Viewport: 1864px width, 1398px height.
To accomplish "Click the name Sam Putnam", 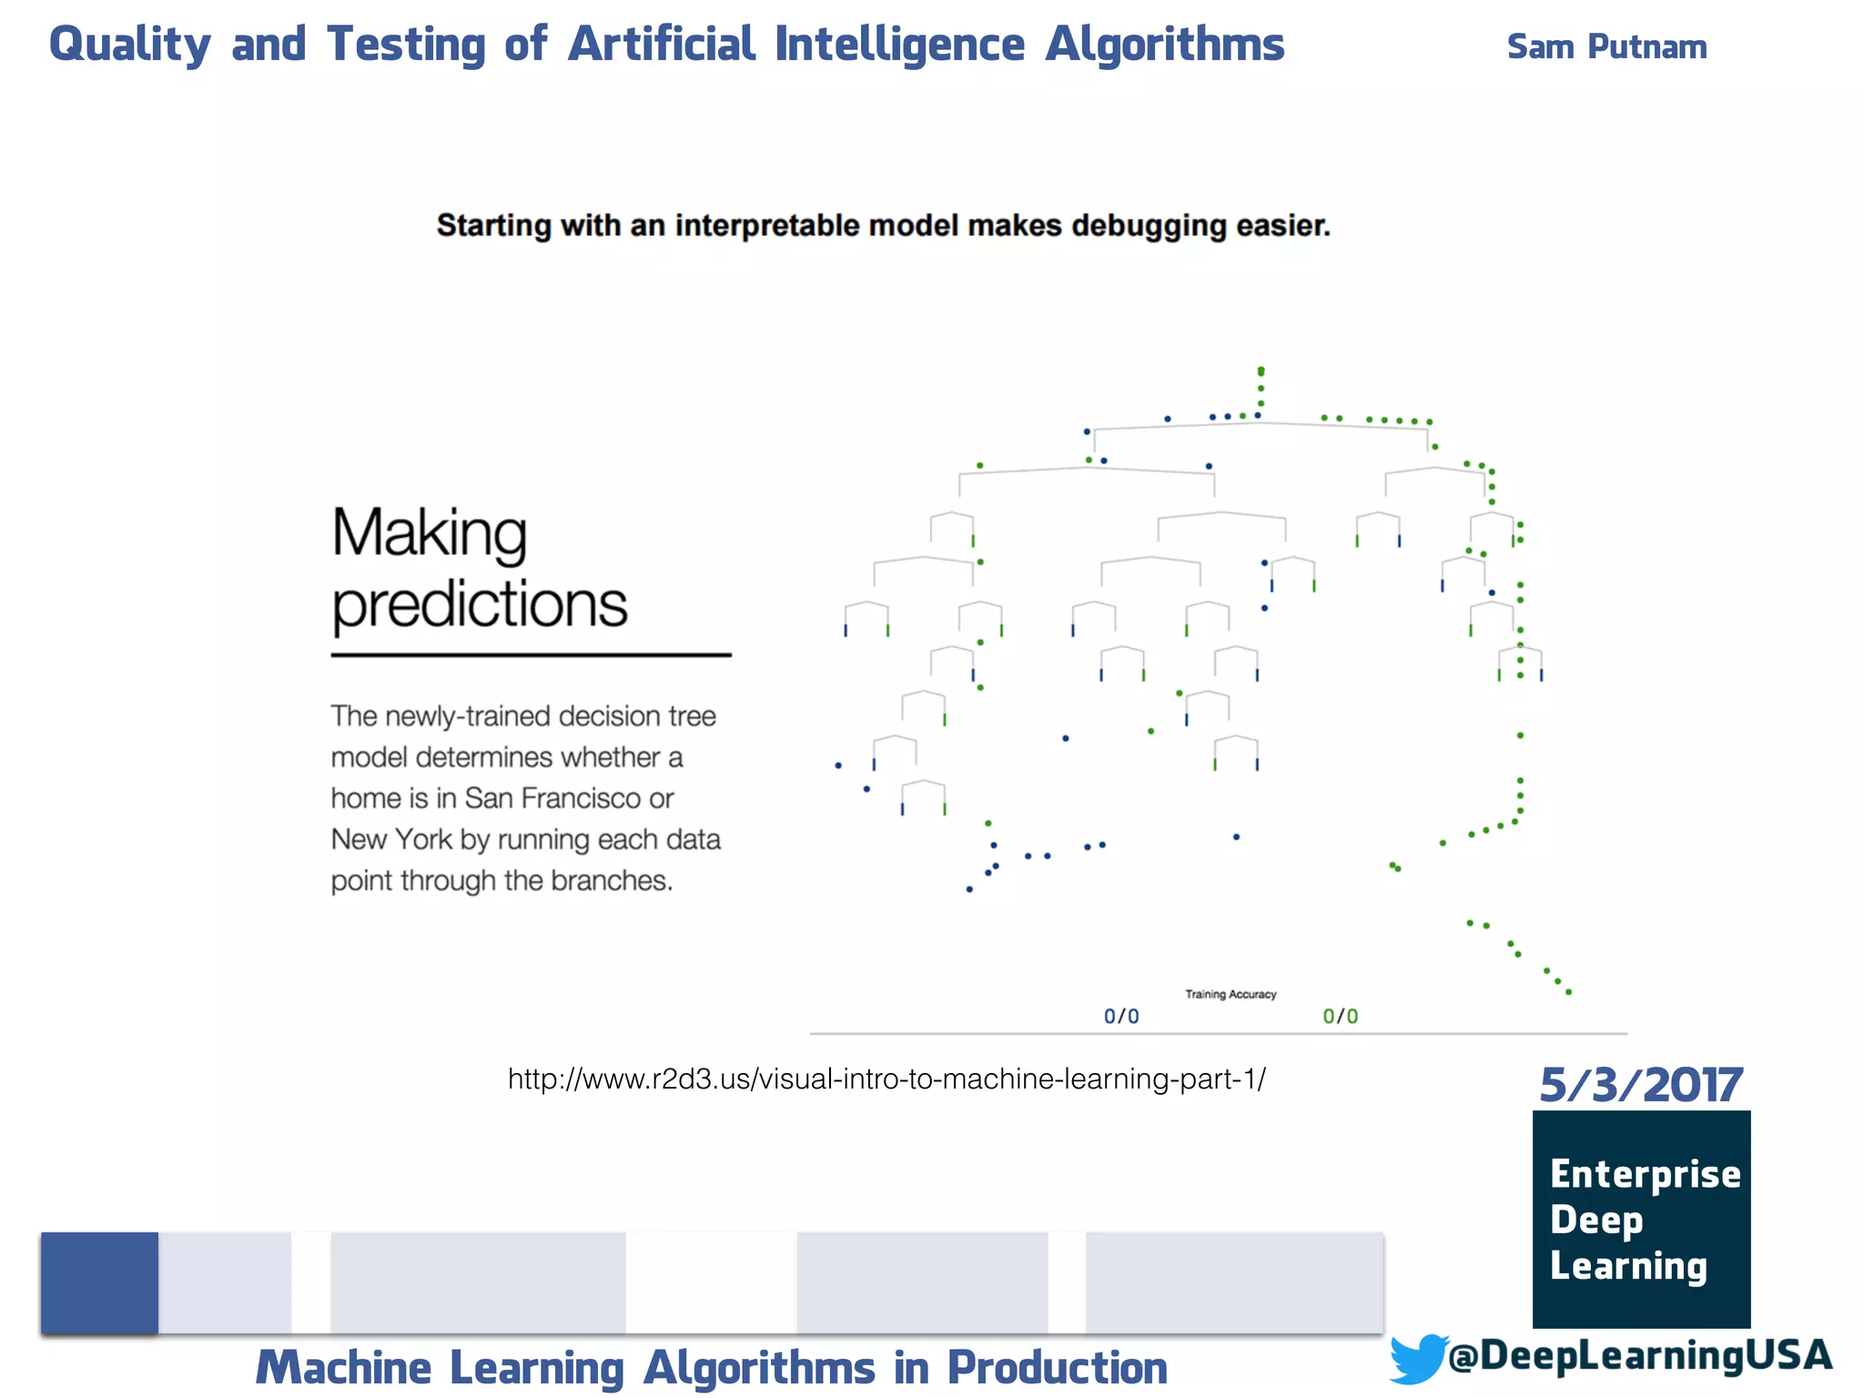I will tap(1606, 46).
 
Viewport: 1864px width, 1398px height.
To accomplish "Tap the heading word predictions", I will tap(479, 604).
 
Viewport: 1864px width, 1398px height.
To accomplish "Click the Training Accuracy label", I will tap(1230, 994).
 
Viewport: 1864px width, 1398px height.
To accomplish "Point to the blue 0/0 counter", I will tap(1121, 1016).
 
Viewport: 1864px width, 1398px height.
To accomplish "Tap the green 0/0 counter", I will tap(1340, 1016).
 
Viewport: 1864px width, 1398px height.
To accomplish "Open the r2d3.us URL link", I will tap(886, 1079).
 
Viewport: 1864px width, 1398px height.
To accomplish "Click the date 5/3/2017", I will tap(1640, 1085).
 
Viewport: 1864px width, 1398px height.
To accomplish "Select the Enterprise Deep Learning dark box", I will tap(1641, 1219).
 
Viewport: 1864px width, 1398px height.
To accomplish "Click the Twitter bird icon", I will tap(1417, 1357).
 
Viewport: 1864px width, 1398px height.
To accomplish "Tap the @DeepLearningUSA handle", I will tap(1639, 1355).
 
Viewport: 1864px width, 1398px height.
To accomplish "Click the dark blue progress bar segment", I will tap(99, 1282).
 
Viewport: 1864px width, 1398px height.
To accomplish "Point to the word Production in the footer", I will tap(1057, 1367).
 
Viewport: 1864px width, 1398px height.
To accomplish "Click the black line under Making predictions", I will tap(531, 654).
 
